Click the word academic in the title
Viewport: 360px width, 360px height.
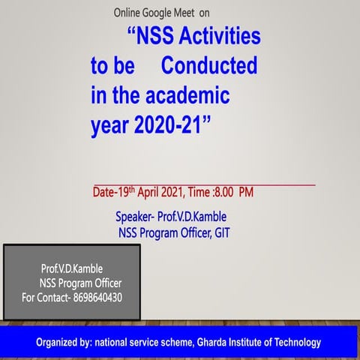coord(190,97)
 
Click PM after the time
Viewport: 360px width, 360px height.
coord(246,193)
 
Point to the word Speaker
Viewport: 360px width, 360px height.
coord(134,217)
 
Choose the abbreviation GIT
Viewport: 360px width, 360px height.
coord(220,232)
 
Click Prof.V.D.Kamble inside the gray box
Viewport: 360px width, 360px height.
coord(72,268)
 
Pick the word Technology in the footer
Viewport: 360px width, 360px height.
coord(295,343)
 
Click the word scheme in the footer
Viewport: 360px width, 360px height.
coord(178,343)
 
